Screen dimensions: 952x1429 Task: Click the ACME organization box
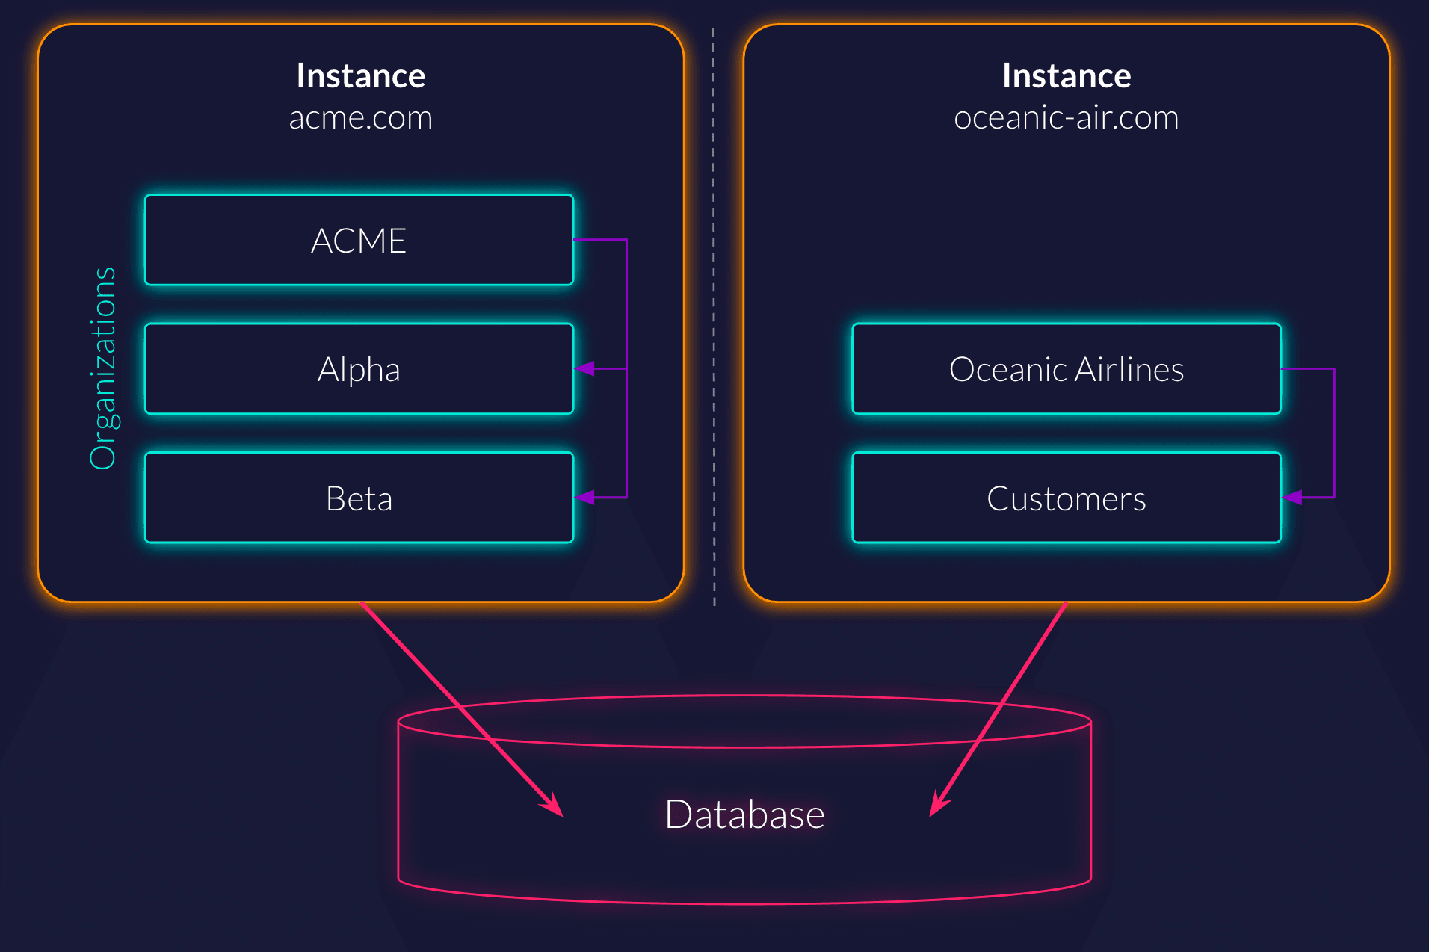pos(359,240)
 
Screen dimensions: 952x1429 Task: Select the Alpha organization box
pos(359,369)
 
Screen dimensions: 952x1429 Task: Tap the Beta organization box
pos(359,498)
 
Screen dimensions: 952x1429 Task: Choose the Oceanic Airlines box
pos(1066,369)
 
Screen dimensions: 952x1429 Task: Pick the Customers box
pos(1066,498)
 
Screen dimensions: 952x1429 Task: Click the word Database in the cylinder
pos(744,814)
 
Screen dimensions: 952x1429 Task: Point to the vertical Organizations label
pos(103,368)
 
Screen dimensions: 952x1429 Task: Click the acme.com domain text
pos(360,118)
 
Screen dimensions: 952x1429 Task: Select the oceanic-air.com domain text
pos(1066,118)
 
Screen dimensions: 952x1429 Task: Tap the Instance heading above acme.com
pos(360,75)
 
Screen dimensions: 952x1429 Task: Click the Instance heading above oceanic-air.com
pos(1066,75)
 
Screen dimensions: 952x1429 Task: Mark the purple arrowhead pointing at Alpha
pos(585,368)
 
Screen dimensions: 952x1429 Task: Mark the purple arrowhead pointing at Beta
pos(585,497)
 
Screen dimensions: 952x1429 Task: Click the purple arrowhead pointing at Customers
pos(1292,497)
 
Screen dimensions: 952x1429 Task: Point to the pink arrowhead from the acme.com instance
pos(553,806)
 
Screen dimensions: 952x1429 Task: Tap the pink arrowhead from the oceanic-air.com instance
pos(938,806)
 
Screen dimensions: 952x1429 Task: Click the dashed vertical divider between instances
pos(714,314)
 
